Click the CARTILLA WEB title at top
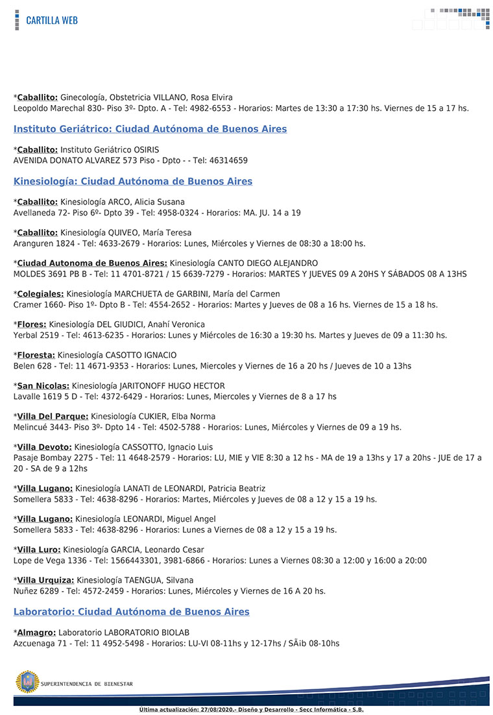52,20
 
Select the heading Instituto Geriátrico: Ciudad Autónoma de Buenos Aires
150,129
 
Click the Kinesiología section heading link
132,181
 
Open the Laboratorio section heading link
131,612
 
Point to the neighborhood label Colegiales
40,294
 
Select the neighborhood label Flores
31,324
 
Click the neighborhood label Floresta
36,355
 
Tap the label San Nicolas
43,385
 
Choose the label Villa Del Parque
53,416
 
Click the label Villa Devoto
44,447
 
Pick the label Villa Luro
39,550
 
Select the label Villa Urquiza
45,580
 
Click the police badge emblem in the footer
27,682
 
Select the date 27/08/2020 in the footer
218,710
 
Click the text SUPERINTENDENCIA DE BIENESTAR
87,684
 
